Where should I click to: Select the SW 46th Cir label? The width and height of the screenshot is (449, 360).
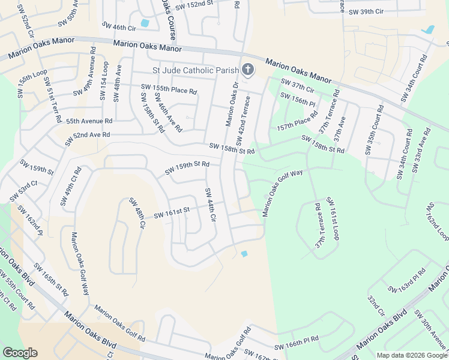point(119,28)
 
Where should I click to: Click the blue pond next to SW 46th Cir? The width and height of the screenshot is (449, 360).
point(145,24)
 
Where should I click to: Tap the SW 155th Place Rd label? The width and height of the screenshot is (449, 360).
point(169,89)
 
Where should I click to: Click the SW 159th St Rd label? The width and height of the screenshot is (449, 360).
point(187,164)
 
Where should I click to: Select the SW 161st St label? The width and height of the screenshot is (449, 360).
point(171,212)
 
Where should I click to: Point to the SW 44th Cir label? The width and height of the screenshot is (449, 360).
point(209,205)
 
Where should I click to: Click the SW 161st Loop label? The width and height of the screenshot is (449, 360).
point(333,218)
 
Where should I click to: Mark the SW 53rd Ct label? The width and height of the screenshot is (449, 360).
point(23,190)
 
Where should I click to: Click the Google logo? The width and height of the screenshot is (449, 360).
point(20,353)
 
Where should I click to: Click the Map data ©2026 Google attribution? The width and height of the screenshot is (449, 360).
point(411,355)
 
